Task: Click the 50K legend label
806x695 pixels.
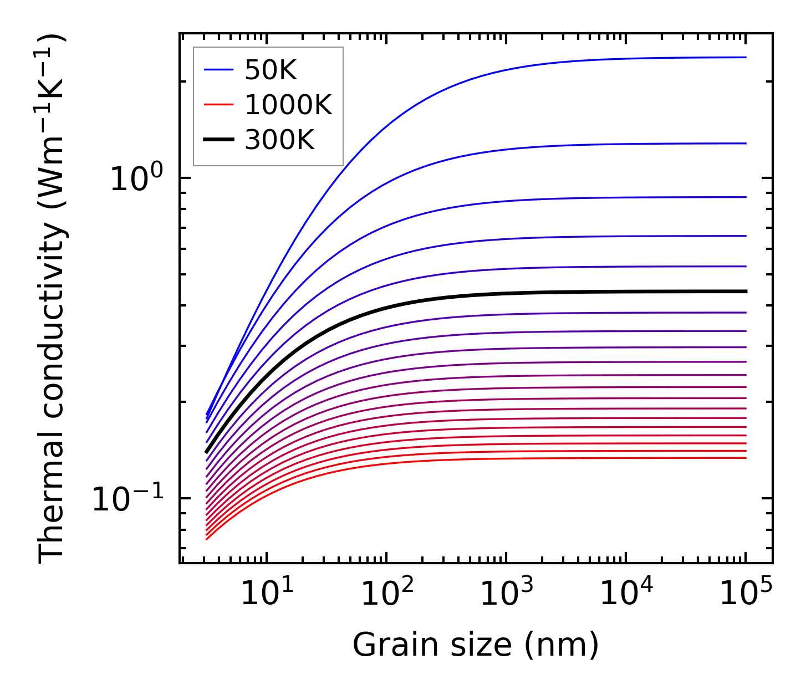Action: [x=271, y=70]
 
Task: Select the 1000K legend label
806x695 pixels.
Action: [x=288, y=105]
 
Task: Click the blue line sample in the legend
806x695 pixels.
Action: [x=219, y=70]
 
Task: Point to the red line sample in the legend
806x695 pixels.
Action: [x=219, y=105]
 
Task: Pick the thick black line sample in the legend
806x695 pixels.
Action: [x=219, y=140]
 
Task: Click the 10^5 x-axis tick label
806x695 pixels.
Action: [x=746, y=595]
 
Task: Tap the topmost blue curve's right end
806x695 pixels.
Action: [x=745, y=57]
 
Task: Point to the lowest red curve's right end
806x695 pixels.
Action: [x=745, y=458]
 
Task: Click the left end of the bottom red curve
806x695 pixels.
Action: [x=207, y=539]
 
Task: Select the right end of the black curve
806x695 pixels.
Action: [x=745, y=292]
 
